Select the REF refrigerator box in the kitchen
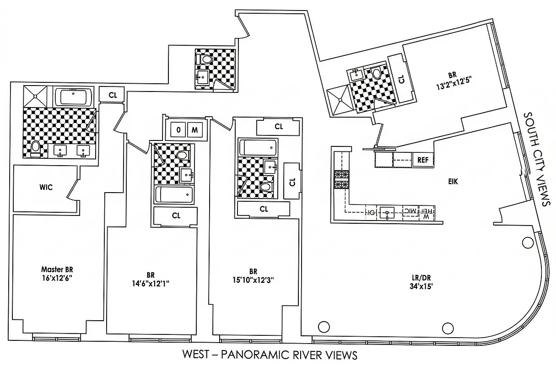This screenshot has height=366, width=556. tap(422, 160)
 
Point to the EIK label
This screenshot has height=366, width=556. tap(453, 182)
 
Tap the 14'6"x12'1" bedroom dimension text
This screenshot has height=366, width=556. tap(151, 283)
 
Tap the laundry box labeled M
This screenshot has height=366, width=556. tap(194, 130)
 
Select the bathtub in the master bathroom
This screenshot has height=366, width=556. tap(74, 97)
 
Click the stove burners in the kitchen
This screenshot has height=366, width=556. tap(340, 179)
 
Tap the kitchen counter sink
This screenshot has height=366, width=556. tap(389, 212)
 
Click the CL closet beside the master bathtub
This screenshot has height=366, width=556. tap(112, 94)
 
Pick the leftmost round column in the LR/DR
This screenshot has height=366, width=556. tap(324, 327)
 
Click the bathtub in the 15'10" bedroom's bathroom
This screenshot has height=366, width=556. tap(258, 147)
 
